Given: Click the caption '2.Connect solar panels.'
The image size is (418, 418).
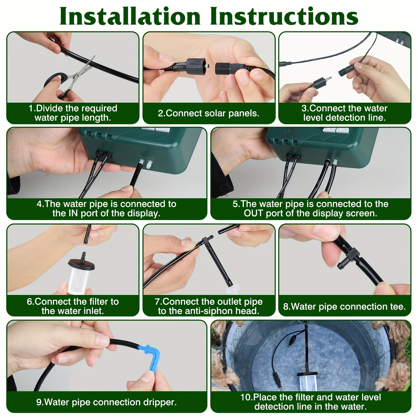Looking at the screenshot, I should point(208,113).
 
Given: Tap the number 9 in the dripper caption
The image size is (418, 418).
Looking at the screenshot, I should point(39,402).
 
